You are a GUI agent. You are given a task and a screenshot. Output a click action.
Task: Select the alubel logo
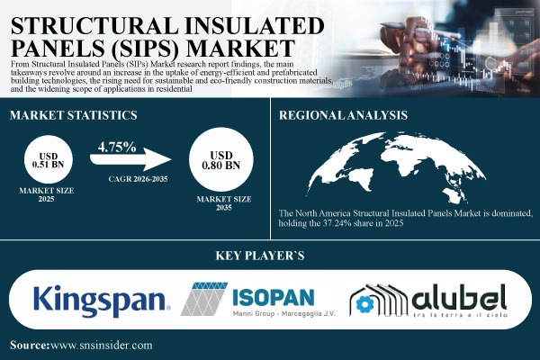[429, 299]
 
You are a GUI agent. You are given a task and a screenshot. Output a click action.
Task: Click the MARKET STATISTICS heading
[73, 116]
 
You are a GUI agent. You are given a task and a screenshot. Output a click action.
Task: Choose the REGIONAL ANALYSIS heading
[344, 115]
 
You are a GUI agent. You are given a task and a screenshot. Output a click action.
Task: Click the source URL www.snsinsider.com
[103, 345]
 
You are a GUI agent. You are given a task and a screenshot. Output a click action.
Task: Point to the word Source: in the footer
[31, 345]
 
